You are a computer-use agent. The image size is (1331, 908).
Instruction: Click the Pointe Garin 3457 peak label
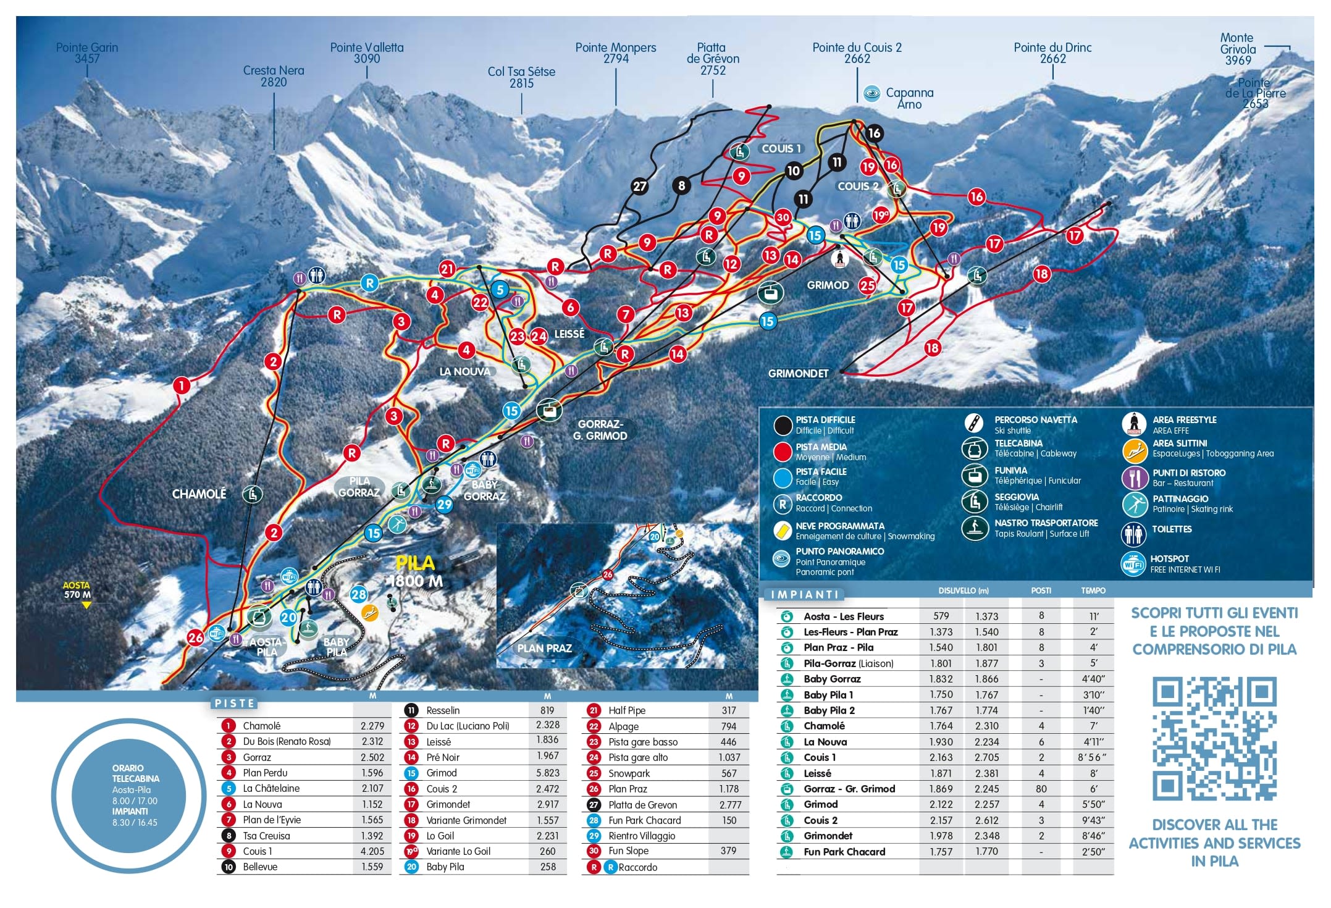[x=86, y=53]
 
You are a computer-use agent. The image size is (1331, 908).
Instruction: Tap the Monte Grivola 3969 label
[x=1238, y=49]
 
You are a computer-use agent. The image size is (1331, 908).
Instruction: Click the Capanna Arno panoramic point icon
[x=871, y=94]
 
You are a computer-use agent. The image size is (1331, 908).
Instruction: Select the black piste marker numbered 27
[x=640, y=186]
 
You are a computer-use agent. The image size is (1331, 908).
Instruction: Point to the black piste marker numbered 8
[x=681, y=185]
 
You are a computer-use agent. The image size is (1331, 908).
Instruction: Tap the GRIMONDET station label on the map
[x=798, y=374]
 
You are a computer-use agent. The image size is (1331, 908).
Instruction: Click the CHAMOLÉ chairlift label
[x=199, y=494]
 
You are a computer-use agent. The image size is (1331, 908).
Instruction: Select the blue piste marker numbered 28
[x=359, y=594]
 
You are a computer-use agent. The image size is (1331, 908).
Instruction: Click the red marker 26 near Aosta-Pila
[x=196, y=637]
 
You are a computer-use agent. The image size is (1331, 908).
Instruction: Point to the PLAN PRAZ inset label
[x=544, y=648]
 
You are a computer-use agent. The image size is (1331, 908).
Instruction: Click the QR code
[x=1214, y=739]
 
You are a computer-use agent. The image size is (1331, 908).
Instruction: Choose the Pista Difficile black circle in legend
[x=783, y=425]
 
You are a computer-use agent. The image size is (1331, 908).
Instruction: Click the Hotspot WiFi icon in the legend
[x=1133, y=563]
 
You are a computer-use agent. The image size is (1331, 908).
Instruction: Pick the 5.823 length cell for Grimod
[x=547, y=773]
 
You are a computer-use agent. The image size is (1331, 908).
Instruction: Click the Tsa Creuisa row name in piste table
[x=266, y=836]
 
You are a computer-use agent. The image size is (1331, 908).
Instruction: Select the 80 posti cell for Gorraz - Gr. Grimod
[x=1041, y=789]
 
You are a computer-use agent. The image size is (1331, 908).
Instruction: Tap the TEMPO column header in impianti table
[x=1093, y=591]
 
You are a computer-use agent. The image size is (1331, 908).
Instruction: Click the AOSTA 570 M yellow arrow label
[x=77, y=590]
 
